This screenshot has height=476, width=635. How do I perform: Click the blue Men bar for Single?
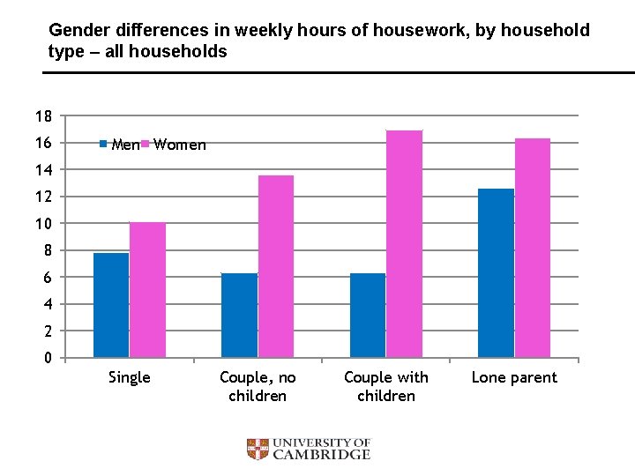point(111,305)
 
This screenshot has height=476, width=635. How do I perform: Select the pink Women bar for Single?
point(147,290)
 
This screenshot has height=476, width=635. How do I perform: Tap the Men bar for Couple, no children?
point(239,315)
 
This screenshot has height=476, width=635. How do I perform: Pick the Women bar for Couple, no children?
point(275,266)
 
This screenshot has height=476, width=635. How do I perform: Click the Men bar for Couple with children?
point(368,315)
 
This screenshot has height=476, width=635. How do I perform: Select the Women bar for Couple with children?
point(404,244)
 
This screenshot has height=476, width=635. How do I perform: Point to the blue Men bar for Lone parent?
point(497,273)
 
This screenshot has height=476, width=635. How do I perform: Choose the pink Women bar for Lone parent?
point(533,248)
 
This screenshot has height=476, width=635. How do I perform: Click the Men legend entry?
point(119,145)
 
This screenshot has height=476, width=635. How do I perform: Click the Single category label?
point(129,377)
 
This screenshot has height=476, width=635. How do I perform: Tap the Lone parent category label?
point(514,377)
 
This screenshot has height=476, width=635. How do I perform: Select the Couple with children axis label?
point(386,386)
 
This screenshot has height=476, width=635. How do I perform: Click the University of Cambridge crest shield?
point(258,450)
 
